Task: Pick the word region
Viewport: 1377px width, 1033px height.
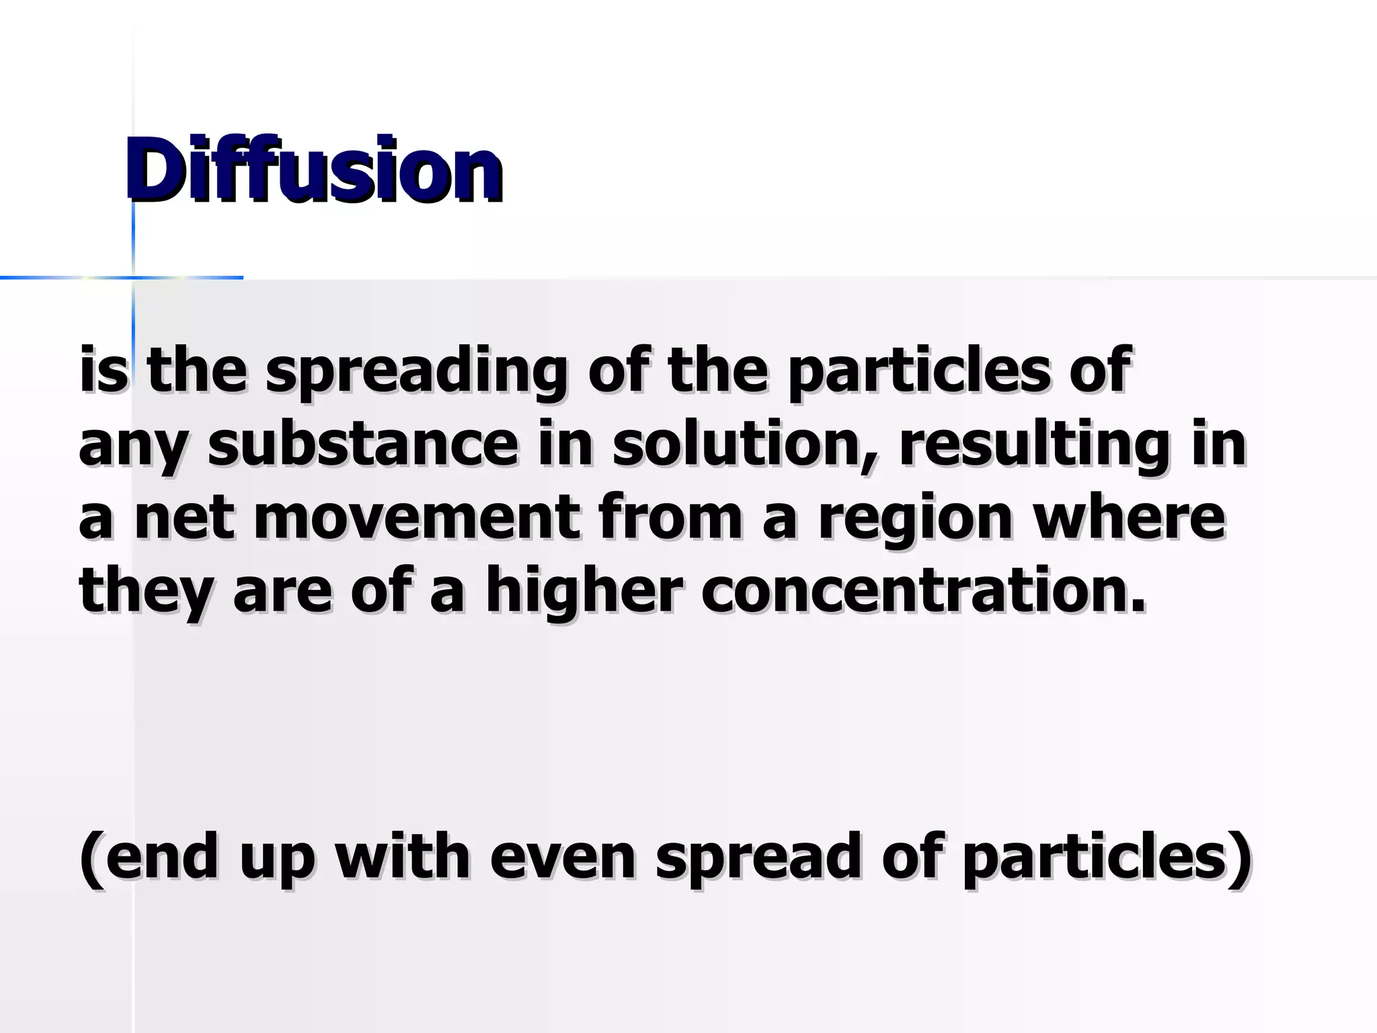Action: [x=915, y=520]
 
